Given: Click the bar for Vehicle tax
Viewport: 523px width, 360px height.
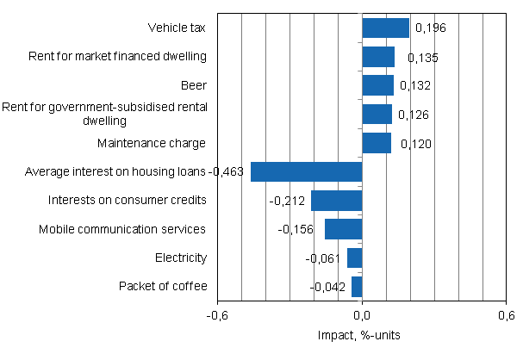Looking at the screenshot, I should pos(385,28).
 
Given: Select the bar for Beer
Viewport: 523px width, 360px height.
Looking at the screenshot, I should pos(377,85).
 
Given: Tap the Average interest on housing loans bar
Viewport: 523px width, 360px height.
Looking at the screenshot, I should pos(306,171).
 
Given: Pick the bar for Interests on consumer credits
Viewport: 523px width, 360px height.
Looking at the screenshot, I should pos(336,201).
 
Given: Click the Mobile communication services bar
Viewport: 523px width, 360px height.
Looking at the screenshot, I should pos(343,229).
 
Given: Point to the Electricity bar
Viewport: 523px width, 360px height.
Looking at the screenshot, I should pos(354,258).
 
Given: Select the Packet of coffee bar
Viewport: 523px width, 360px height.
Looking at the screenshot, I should pos(357,287).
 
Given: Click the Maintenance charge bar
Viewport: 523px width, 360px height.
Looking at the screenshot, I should pos(377,143).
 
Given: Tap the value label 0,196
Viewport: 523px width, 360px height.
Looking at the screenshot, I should pos(430,29).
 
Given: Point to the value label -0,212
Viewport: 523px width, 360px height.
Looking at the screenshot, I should pos(286,201).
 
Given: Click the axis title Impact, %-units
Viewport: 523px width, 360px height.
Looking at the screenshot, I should pos(362,335).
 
